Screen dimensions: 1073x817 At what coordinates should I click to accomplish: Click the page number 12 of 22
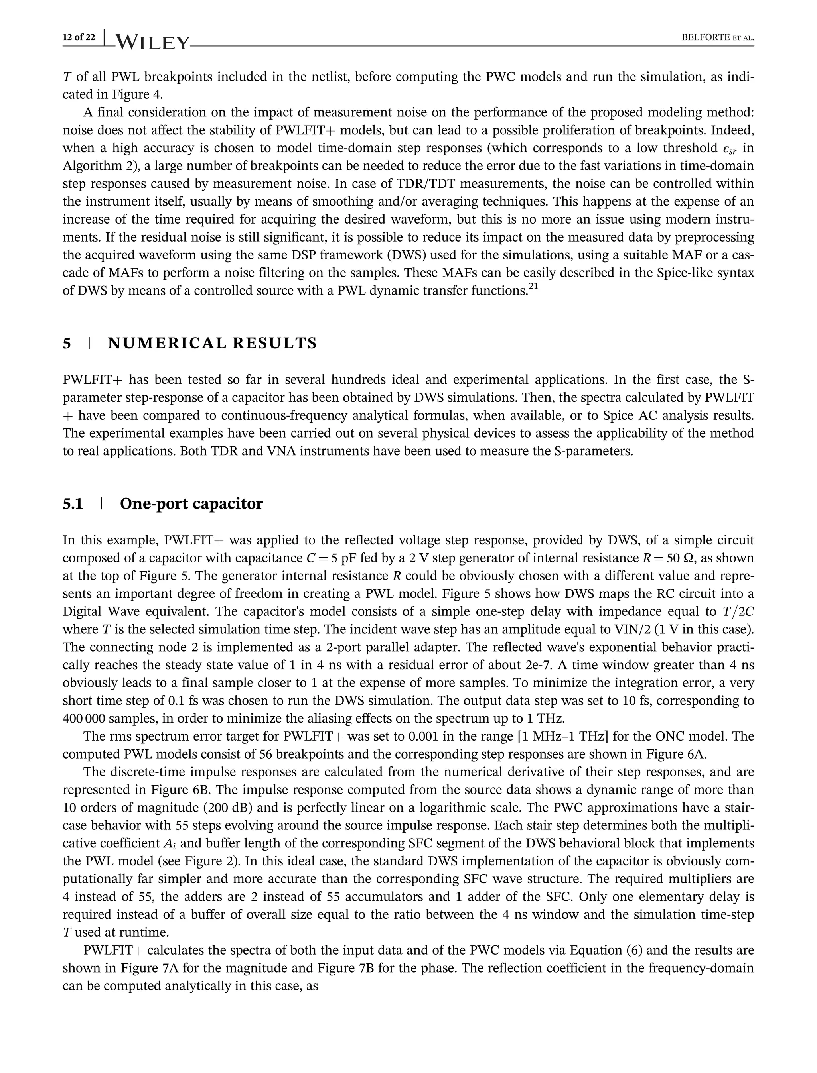point(79,37)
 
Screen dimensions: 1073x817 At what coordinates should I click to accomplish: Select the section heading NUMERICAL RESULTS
point(212,343)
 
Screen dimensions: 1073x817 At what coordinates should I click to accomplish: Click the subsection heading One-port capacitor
point(191,503)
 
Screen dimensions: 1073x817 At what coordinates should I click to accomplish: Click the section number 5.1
point(73,503)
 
